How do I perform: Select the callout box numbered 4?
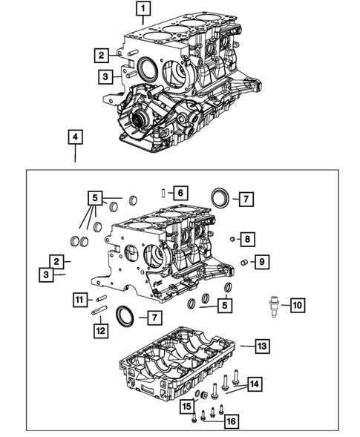(x=75, y=137)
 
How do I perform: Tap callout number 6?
(x=180, y=193)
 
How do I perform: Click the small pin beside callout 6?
(x=163, y=193)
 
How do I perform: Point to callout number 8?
(x=249, y=239)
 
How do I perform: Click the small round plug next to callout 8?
(x=232, y=239)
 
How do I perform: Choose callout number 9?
(x=259, y=261)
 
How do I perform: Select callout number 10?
(x=296, y=304)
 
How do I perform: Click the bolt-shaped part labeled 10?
(x=273, y=304)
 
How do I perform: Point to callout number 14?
(x=255, y=384)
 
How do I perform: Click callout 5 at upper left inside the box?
(x=94, y=198)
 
